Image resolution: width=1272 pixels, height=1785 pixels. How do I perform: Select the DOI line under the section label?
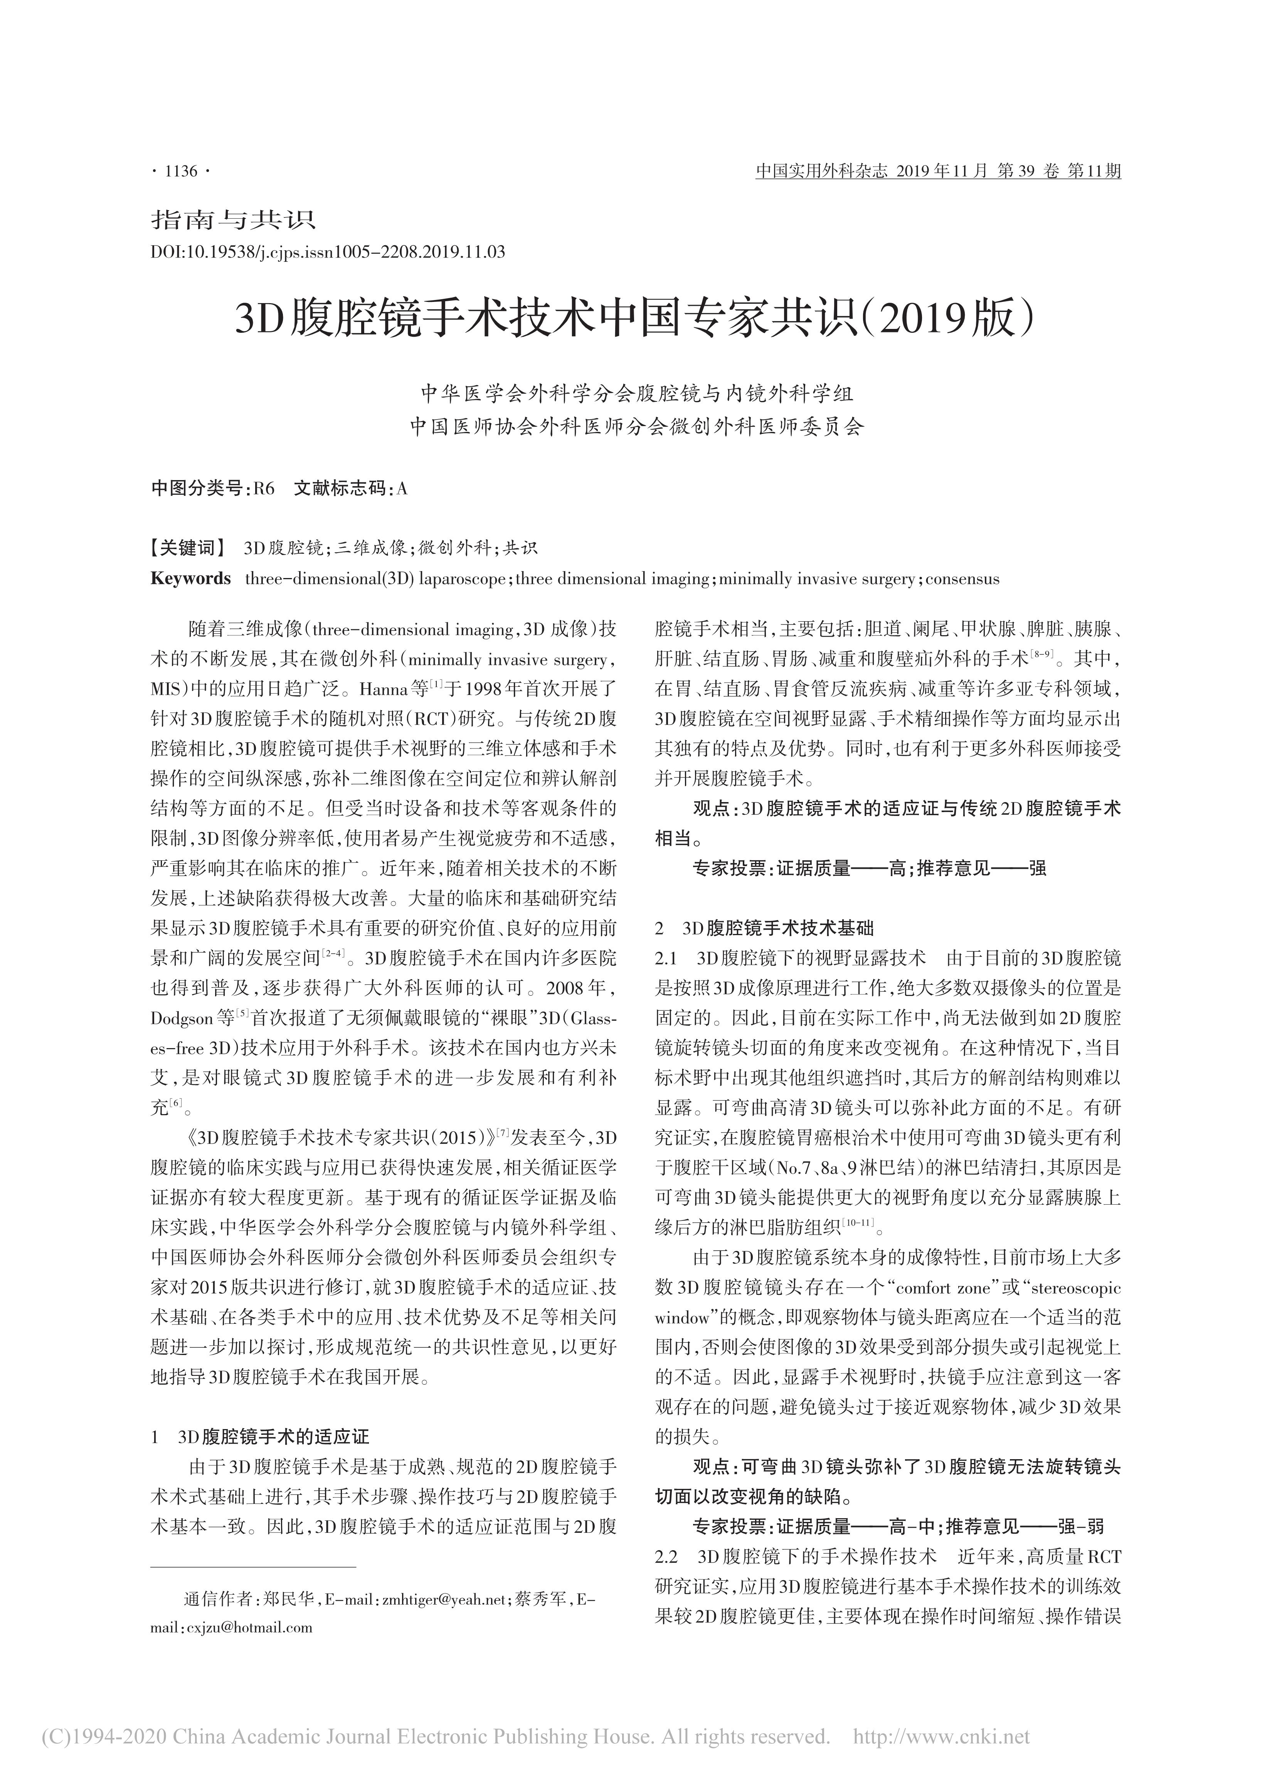pyautogui.click(x=327, y=252)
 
